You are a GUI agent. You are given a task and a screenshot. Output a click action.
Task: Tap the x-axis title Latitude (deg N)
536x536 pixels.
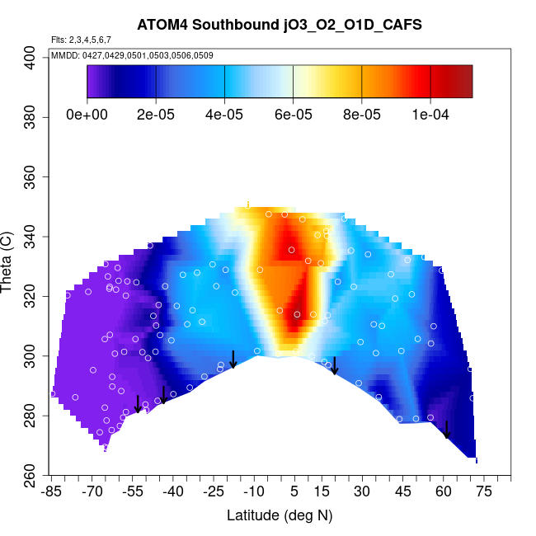click(280, 515)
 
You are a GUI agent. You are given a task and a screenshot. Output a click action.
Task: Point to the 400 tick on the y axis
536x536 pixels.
click(31, 57)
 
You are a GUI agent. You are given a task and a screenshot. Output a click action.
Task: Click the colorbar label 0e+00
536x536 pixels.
click(87, 115)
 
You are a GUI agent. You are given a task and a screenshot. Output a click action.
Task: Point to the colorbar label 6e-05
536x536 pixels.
click(293, 115)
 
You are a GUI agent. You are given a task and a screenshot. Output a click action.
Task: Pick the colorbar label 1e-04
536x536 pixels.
click(430, 115)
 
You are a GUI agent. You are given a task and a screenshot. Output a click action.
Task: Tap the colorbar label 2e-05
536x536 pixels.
click(156, 115)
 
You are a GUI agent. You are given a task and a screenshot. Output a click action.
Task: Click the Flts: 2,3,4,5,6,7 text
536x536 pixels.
click(81, 40)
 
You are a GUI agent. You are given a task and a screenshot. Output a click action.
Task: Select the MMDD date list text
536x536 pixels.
click(132, 55)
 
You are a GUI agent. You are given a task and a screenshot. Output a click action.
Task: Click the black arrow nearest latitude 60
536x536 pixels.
click(446, 430)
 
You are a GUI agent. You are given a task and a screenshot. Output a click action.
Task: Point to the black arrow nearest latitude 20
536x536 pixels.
click(334, 365)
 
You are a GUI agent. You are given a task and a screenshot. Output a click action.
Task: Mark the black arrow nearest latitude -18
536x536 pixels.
click(233, 359)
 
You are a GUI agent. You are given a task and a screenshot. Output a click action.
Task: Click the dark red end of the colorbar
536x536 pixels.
click(462, 82)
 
